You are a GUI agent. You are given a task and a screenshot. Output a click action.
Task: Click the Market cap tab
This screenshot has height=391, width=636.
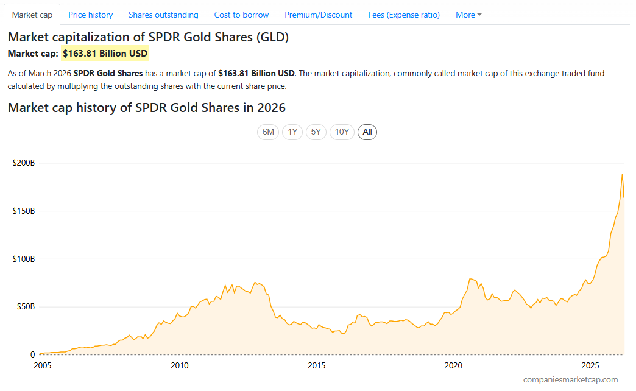pyautogui.click(x=32, y=15)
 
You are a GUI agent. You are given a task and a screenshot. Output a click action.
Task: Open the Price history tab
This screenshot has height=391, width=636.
pyautogui.click(x=90, y=15)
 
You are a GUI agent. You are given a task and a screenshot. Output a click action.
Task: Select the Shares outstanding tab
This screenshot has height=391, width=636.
pyautogui.click(x=163, y=15)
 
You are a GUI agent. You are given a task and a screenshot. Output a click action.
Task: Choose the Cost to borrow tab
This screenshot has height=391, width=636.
pyautogui.click(x=241, y=15)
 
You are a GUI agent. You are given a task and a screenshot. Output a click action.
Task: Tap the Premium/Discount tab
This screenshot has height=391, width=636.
pyautogui.click(x=318, y=15)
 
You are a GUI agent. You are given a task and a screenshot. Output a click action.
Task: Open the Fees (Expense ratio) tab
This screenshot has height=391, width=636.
pyautogui.click(x=404, y=15)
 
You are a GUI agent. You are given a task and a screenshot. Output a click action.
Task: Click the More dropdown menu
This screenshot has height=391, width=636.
pyautogui.click(x=468, y=15)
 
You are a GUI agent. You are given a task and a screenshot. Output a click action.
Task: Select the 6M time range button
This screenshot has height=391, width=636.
pyautogui.click(x=268, y=132)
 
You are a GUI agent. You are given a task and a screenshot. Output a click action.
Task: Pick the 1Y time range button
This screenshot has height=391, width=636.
pyautogui.click(x=292, y=132)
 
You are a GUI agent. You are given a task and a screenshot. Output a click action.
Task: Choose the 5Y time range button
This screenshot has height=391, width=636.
pyautogui.click(x=316, y=132)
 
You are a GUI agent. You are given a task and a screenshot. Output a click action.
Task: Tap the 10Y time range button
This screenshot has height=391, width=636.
pyautogui.click(x=342, y=132)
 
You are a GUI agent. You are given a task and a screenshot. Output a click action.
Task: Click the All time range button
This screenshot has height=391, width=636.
pyautogui.click(x=367, y=132)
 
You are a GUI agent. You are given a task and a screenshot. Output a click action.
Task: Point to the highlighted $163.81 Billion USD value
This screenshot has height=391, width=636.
pyautogui.click(x=105, y=54)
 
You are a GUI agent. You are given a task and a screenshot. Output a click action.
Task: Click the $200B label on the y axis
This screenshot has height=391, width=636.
pyautogui.click(x=24, y=163)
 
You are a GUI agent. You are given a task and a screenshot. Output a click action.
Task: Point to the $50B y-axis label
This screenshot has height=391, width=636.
pyautogui.click(x=24, y=306)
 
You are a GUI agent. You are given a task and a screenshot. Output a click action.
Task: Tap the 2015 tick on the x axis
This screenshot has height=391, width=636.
pyautogui.click(x=316, y=365)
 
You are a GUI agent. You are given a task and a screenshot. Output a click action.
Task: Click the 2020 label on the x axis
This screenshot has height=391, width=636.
pyautogui.click(x=453, y=365)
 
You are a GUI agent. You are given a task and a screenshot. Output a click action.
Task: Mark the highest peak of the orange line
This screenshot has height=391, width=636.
pyautogui.click(x=622, y=174)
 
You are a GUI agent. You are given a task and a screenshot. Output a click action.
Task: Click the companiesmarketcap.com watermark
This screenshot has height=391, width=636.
pyautogui.click(x=570, y=379)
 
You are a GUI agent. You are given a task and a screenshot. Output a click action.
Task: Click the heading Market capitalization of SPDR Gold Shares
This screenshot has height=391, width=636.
pyautogui.click(x=148, y=37)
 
